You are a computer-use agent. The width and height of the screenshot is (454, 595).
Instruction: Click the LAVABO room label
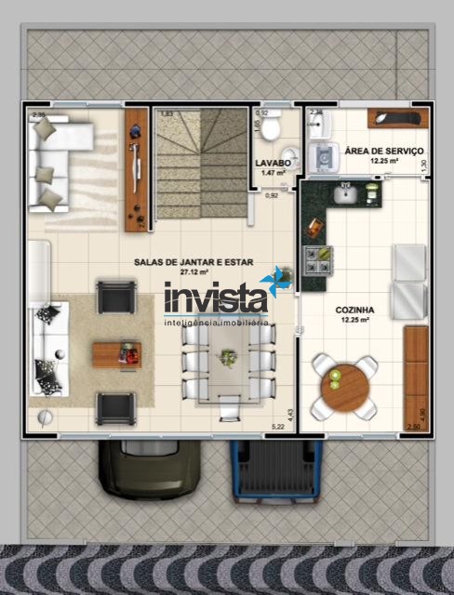click(274, 163)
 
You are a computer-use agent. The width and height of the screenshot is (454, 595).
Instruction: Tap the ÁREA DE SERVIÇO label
click(384, 151)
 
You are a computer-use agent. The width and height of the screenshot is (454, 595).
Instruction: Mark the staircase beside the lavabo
click(199, 163)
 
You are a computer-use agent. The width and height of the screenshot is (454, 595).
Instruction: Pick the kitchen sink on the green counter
click(346, 193)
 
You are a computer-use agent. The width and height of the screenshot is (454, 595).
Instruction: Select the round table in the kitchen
click(344, 385)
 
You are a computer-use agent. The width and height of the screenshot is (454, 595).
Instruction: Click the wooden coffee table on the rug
click(116, 353)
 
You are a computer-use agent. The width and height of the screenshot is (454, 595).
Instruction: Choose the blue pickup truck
click(275, 470)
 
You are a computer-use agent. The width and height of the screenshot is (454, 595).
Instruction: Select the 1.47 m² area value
click(274, 173)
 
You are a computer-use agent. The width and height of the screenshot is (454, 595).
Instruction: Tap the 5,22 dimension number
click(277, 427)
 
